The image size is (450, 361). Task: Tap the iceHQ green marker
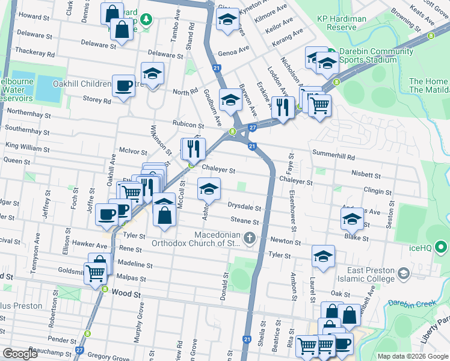click(441, 247)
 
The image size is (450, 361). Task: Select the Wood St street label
click(126, 294)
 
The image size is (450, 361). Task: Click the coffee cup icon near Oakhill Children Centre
click(124, 85)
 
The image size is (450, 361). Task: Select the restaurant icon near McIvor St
click(194, 148)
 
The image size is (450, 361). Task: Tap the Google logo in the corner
click(20, 354)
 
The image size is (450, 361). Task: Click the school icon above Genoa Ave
click(227, 20)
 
